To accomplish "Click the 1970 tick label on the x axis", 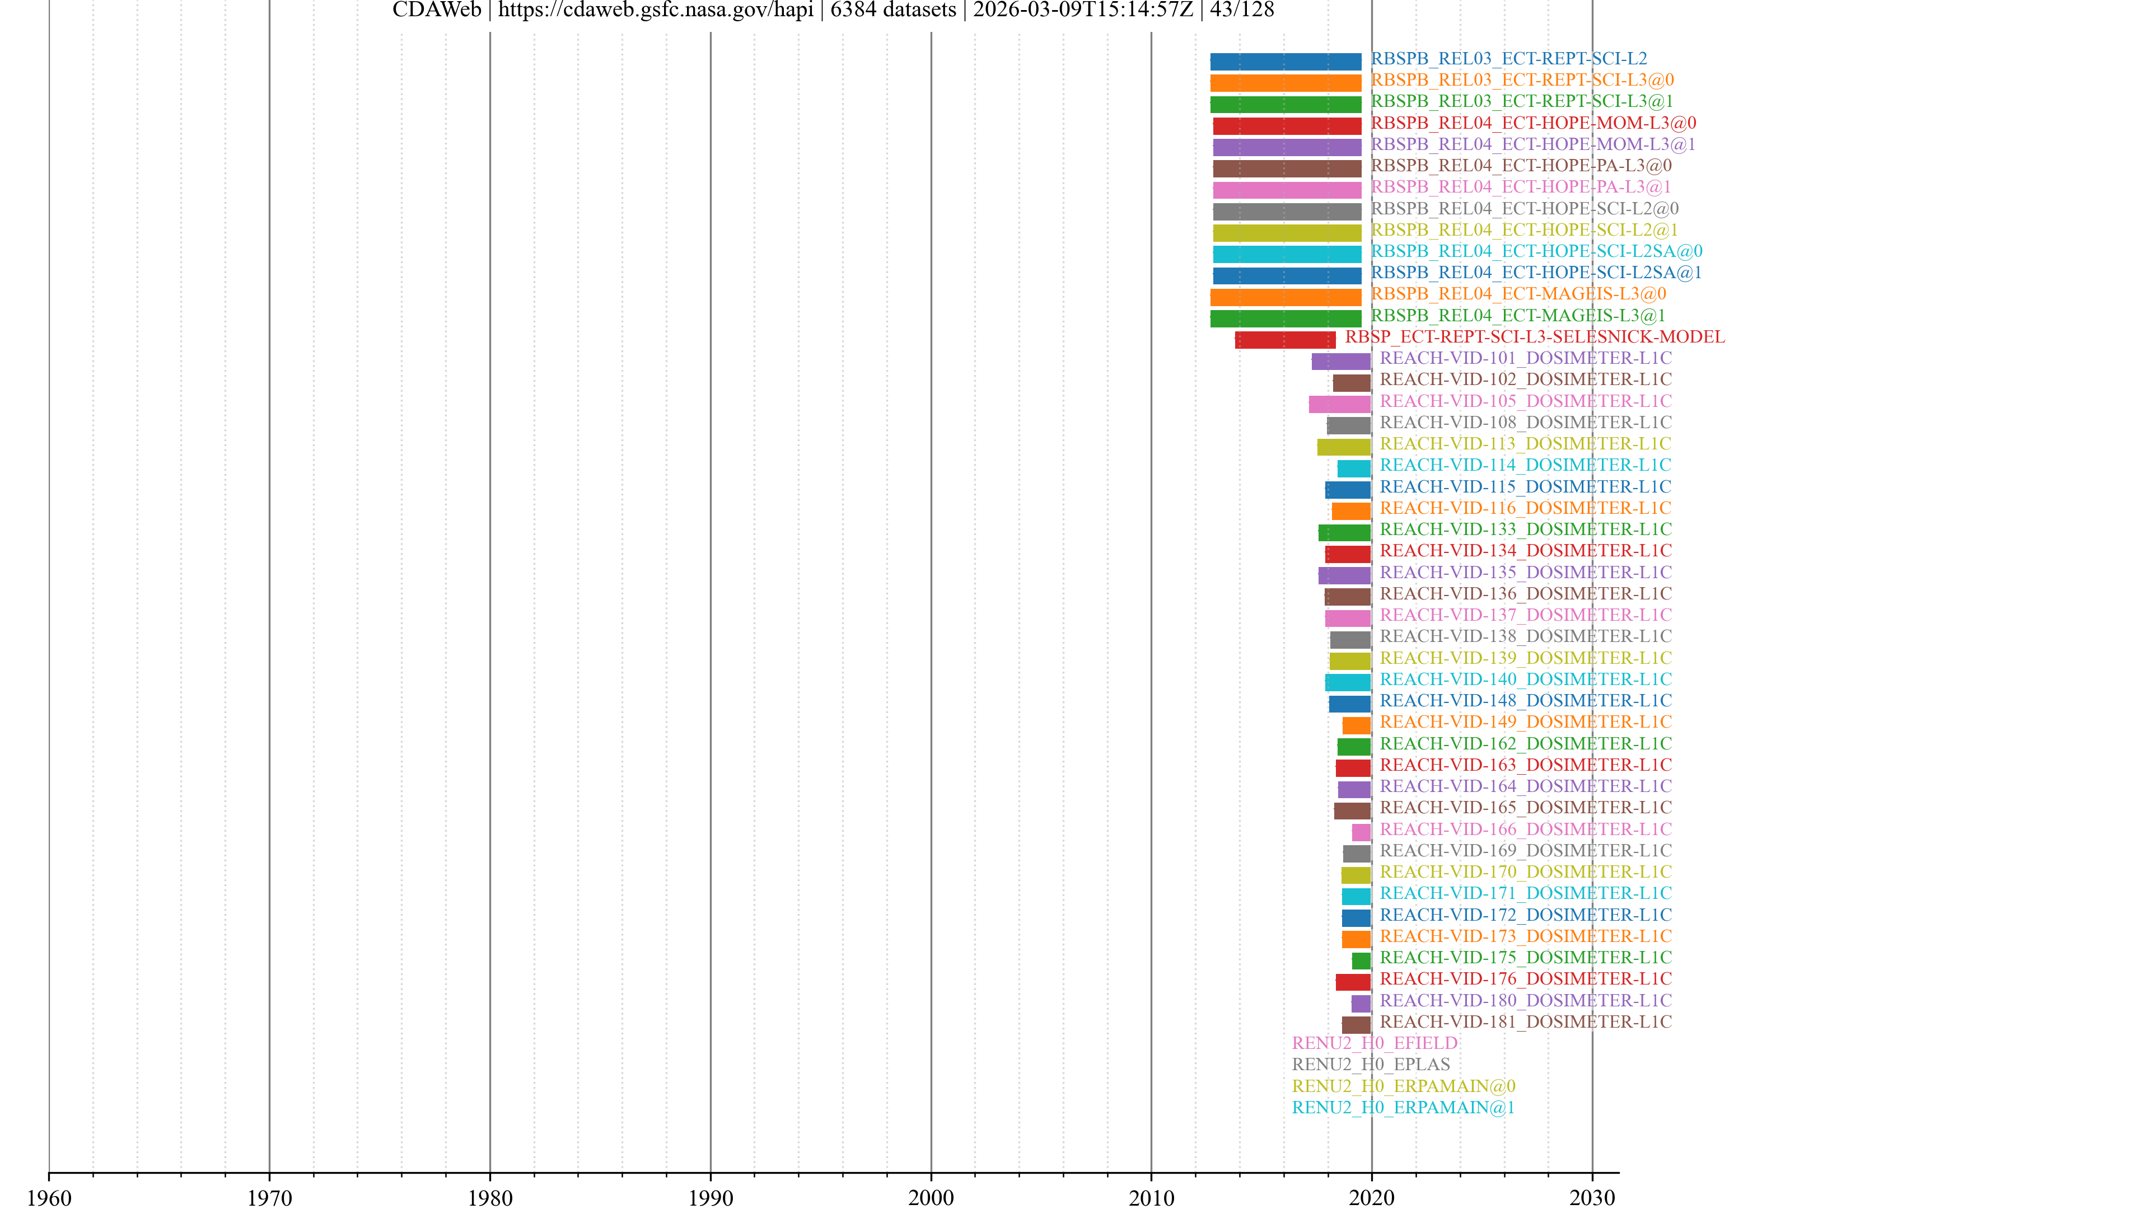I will pos(269,1197).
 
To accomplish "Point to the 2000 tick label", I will pos(931,1197).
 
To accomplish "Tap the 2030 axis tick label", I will pos(1592,1197).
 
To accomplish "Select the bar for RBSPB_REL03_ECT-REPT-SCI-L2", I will pos(1286,61).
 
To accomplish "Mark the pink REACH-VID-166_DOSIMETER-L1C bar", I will pos(1361,832).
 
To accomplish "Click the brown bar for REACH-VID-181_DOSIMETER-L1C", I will pos(1356,1025).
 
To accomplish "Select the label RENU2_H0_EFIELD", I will pos(1374,1043).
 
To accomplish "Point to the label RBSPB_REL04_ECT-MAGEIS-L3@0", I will pos(1518,294).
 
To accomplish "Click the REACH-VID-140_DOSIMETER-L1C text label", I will pos(1525,679).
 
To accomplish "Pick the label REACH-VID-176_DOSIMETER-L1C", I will pos(1525,979).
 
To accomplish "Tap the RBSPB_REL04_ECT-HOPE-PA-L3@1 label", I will pos(1521,187).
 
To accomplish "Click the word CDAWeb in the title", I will pos(437,10).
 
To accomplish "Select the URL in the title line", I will pos(655,10).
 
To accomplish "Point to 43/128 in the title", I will pos(1242,10).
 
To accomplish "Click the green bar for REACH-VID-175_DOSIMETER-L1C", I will pos(1361,960).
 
